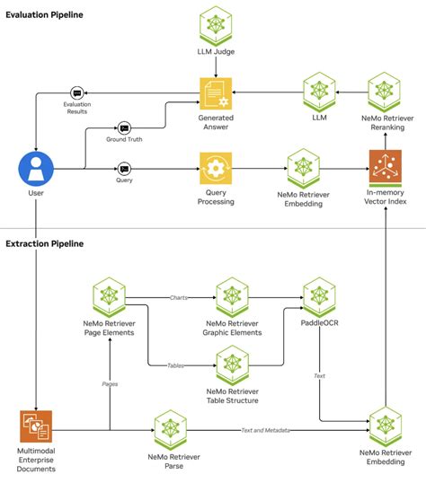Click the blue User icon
pyautogui.click(x=33, y=168)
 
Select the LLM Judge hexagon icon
pyautogui.click(x=215, y=22)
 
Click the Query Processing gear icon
pyautogui.click(x=215, y=168)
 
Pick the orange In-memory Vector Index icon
pyautogui.click(x=386, y=168)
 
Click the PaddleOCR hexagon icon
pyautogui.click(x=318, y=294)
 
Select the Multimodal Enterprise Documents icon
pyautogui.click(x=36, y=426)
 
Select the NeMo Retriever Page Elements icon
pyautogui.click(x=110, y=294)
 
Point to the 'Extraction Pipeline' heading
pyautogui.click(x=44, y=243)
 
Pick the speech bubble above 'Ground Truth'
pyautogui.click(x=124, y=127)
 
